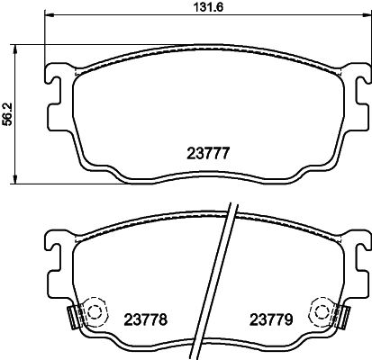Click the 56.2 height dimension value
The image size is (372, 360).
pyautogui.click(x=8, y=113)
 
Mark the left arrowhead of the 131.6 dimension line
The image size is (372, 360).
pyautogui.click(x=48, y=18)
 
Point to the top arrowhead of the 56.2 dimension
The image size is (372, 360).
pyautogui.click(x=19, y=48)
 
